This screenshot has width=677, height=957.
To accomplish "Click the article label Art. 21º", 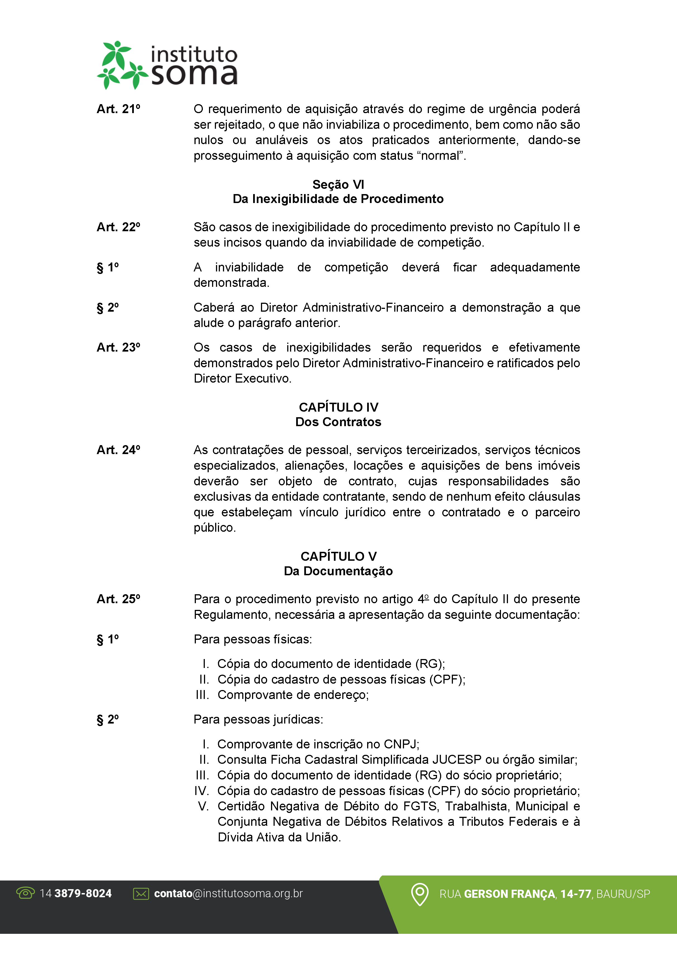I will (118, 109).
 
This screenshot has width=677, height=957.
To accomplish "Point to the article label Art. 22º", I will (118, 227).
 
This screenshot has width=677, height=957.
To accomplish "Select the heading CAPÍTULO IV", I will (338, 407).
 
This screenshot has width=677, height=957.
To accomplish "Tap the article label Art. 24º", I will (118, 450).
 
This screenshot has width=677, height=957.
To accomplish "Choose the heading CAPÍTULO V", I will (338, 557).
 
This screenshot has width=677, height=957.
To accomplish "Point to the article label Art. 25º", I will (118, 599).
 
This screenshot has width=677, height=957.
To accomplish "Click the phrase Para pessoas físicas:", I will (253, 639).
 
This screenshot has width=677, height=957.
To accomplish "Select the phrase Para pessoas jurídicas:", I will (258, 719).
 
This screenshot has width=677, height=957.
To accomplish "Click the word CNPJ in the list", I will (400, 744).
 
